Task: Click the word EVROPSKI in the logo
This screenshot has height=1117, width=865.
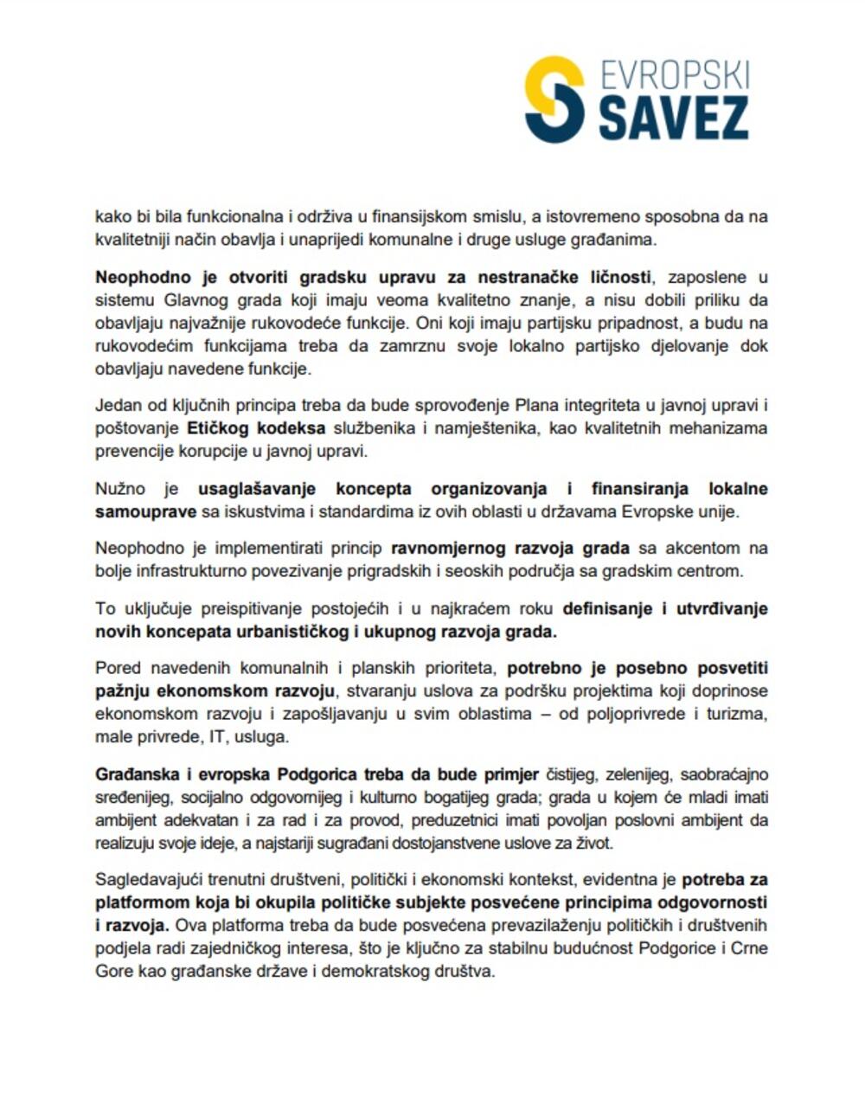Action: (x=674, y=75)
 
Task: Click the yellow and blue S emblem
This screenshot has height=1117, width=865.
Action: (x=554, y=99)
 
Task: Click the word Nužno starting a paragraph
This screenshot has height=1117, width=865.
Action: (x=120, y=489)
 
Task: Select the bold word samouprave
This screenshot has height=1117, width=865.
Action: (x=146, y=511)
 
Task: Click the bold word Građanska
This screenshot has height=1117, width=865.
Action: (x=138, y=774)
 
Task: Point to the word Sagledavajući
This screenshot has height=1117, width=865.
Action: (x=149, y=881)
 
